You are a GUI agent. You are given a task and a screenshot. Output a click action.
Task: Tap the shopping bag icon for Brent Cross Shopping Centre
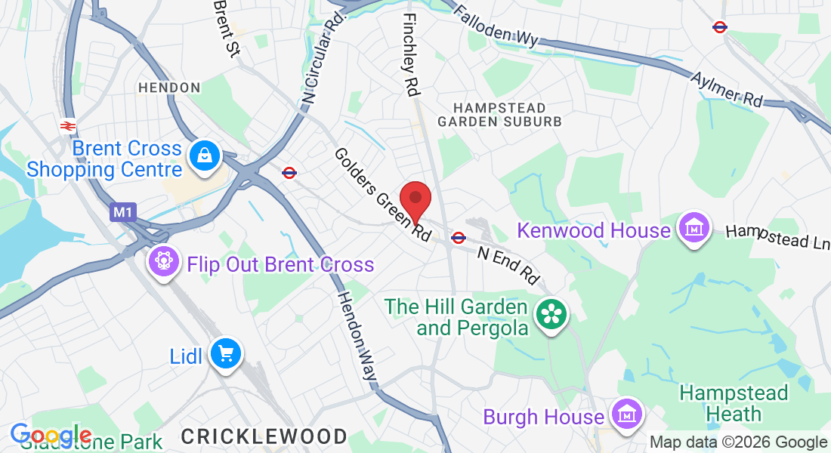tap(205, 156)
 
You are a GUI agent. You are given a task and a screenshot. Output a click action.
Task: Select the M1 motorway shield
tap(122, 214)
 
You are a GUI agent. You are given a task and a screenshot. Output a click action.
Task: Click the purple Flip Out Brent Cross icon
tap(162, 262)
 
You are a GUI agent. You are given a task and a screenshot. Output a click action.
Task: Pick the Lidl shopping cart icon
tap(225, 353)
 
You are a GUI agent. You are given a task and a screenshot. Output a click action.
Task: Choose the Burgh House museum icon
tap(626, 414)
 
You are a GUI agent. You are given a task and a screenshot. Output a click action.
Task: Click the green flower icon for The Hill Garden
tap(551, 315)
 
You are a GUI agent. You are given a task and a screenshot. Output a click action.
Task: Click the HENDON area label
tap(169, 88)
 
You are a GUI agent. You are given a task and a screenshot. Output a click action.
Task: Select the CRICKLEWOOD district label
tap(264, 436)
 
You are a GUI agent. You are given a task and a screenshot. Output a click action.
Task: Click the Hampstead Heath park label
tap(723, 403)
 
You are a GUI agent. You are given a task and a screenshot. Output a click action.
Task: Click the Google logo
tap(51, 436)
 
